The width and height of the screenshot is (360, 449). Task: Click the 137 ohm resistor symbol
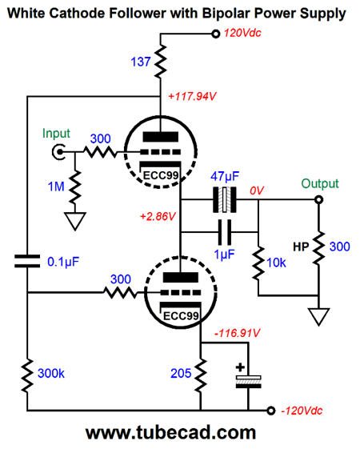point(160,61)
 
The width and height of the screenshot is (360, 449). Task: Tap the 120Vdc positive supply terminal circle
point(215,34)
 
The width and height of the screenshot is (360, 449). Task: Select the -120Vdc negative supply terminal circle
point(270,411)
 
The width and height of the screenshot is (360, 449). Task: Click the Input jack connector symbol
point(58,151)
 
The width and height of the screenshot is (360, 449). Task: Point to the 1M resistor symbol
point(75,187)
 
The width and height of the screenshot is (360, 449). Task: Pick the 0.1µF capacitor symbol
point(27,261)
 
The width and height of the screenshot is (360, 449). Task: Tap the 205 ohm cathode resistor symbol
point(201,375)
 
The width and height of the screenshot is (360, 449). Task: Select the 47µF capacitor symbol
point(225,199)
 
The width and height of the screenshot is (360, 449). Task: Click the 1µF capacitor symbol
point(225,232)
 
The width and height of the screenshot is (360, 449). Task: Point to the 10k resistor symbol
point(258,263)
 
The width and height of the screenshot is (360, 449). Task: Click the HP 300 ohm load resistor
point(318,247)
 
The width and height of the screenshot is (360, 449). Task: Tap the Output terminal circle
point(318,199)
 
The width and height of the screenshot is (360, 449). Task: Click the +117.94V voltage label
point(192,96)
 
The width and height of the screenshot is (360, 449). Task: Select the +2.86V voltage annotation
point(158,216)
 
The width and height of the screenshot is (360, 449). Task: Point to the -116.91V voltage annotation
point(238,333)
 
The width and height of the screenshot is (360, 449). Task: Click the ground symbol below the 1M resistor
point(75,221)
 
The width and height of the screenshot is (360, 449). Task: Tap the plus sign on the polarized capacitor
point(240,367)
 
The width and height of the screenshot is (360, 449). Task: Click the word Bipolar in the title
point(226,13)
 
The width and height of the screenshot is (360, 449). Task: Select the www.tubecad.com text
point(170,432)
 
